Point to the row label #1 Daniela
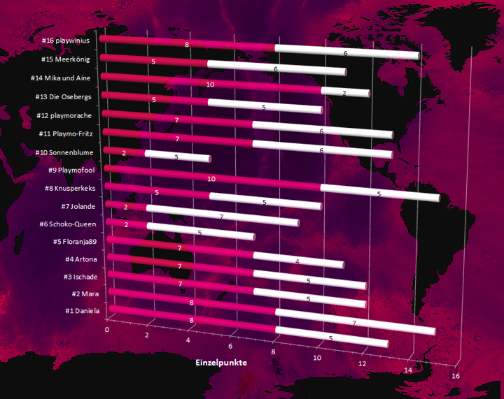[x=83, y=310]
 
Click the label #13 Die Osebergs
[x=68, y=96]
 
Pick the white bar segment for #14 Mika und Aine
[x=345, y=92]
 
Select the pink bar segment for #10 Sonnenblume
[x=125, y=152]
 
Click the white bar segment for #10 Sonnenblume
[x=177, y=157]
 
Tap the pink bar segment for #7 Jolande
[x=127, y=206]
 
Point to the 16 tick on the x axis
[x=456, y=377]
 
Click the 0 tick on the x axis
[x=107, y=328]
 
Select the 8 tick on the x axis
[x=274, y=352]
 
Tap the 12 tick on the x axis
[x=363, y=365]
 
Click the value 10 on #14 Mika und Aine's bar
[x=210, y=84]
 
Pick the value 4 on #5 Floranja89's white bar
[x=297, y=261]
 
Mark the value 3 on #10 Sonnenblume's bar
[x=176, y=157]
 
